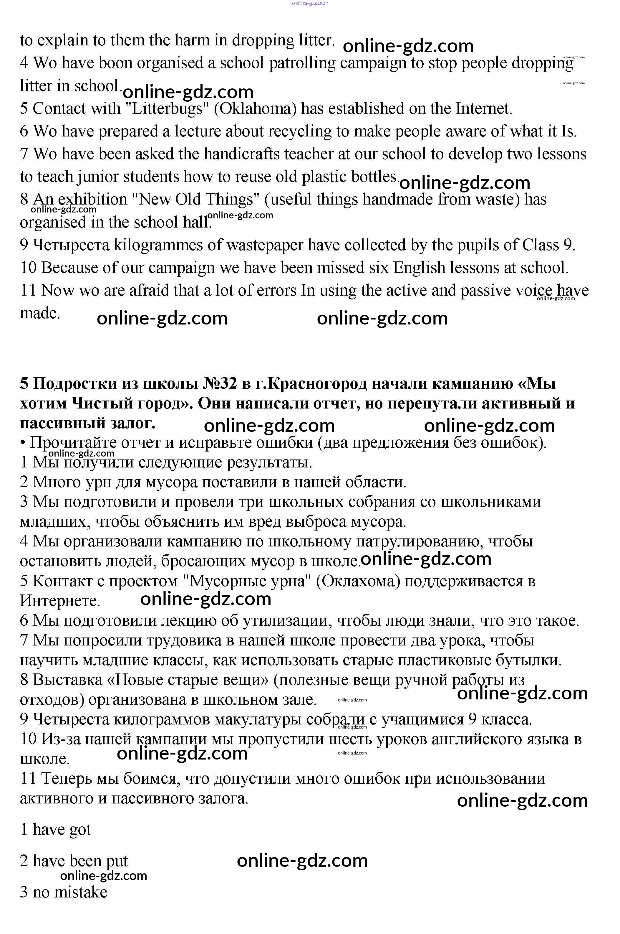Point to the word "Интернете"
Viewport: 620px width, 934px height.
[x=59, y=601]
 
